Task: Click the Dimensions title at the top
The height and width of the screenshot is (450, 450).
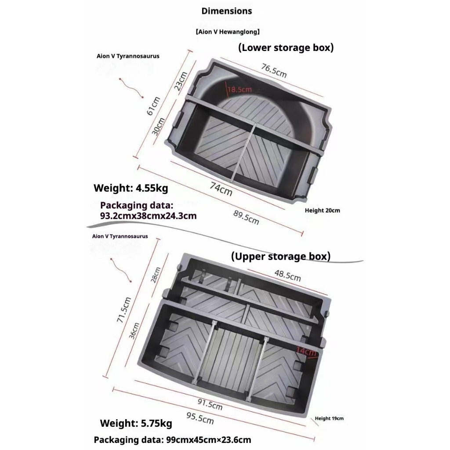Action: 227,11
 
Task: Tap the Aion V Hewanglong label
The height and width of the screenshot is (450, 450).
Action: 228,32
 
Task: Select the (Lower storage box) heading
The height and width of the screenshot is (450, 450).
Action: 286,47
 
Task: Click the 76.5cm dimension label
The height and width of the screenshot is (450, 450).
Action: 274,70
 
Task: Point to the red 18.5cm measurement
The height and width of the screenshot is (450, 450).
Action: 240,89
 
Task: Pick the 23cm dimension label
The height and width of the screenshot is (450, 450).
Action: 181,81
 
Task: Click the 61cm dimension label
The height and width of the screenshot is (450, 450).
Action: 153,106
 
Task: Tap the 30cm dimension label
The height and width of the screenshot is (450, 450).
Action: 158,127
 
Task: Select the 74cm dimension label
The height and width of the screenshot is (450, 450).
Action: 221,189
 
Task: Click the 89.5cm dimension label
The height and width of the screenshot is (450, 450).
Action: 246,217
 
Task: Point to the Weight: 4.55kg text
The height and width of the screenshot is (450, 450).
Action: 131,188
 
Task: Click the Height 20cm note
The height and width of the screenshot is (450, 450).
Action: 322,210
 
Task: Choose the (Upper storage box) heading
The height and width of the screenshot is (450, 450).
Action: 281,256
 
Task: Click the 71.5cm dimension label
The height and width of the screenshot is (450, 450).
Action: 124,310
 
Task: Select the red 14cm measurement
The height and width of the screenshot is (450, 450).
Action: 306,351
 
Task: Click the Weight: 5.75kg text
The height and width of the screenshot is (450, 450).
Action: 136,423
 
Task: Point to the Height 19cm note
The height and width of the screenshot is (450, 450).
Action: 329,418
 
